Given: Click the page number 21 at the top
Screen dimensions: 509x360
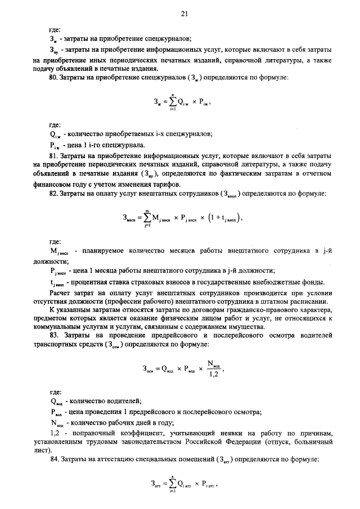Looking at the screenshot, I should click(183, 13).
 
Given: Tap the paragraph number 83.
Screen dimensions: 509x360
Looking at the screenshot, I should click(54, 336).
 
